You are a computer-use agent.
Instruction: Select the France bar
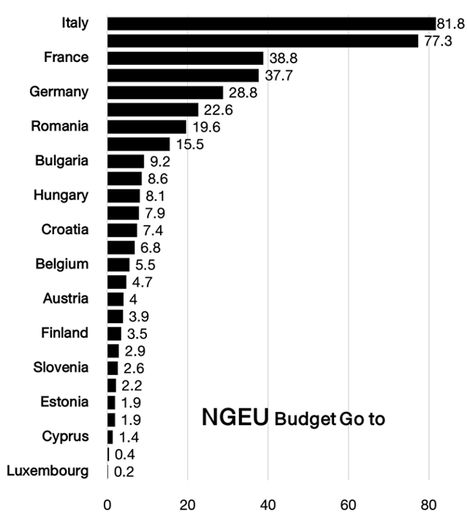point(185,58)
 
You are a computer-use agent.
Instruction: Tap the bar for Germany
point(165,92)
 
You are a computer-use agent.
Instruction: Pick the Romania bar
point(147,127)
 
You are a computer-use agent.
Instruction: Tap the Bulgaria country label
point(62,161)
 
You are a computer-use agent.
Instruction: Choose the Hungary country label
point(61,196)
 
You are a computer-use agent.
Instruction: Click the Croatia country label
point(65,230)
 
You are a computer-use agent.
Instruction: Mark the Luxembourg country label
point(47,471)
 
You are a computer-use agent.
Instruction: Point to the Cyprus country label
point(66,437)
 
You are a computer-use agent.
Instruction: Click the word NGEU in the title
point(235,418)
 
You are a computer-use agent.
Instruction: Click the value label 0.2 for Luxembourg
point(124,471)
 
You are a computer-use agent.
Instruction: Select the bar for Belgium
point(118,264)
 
